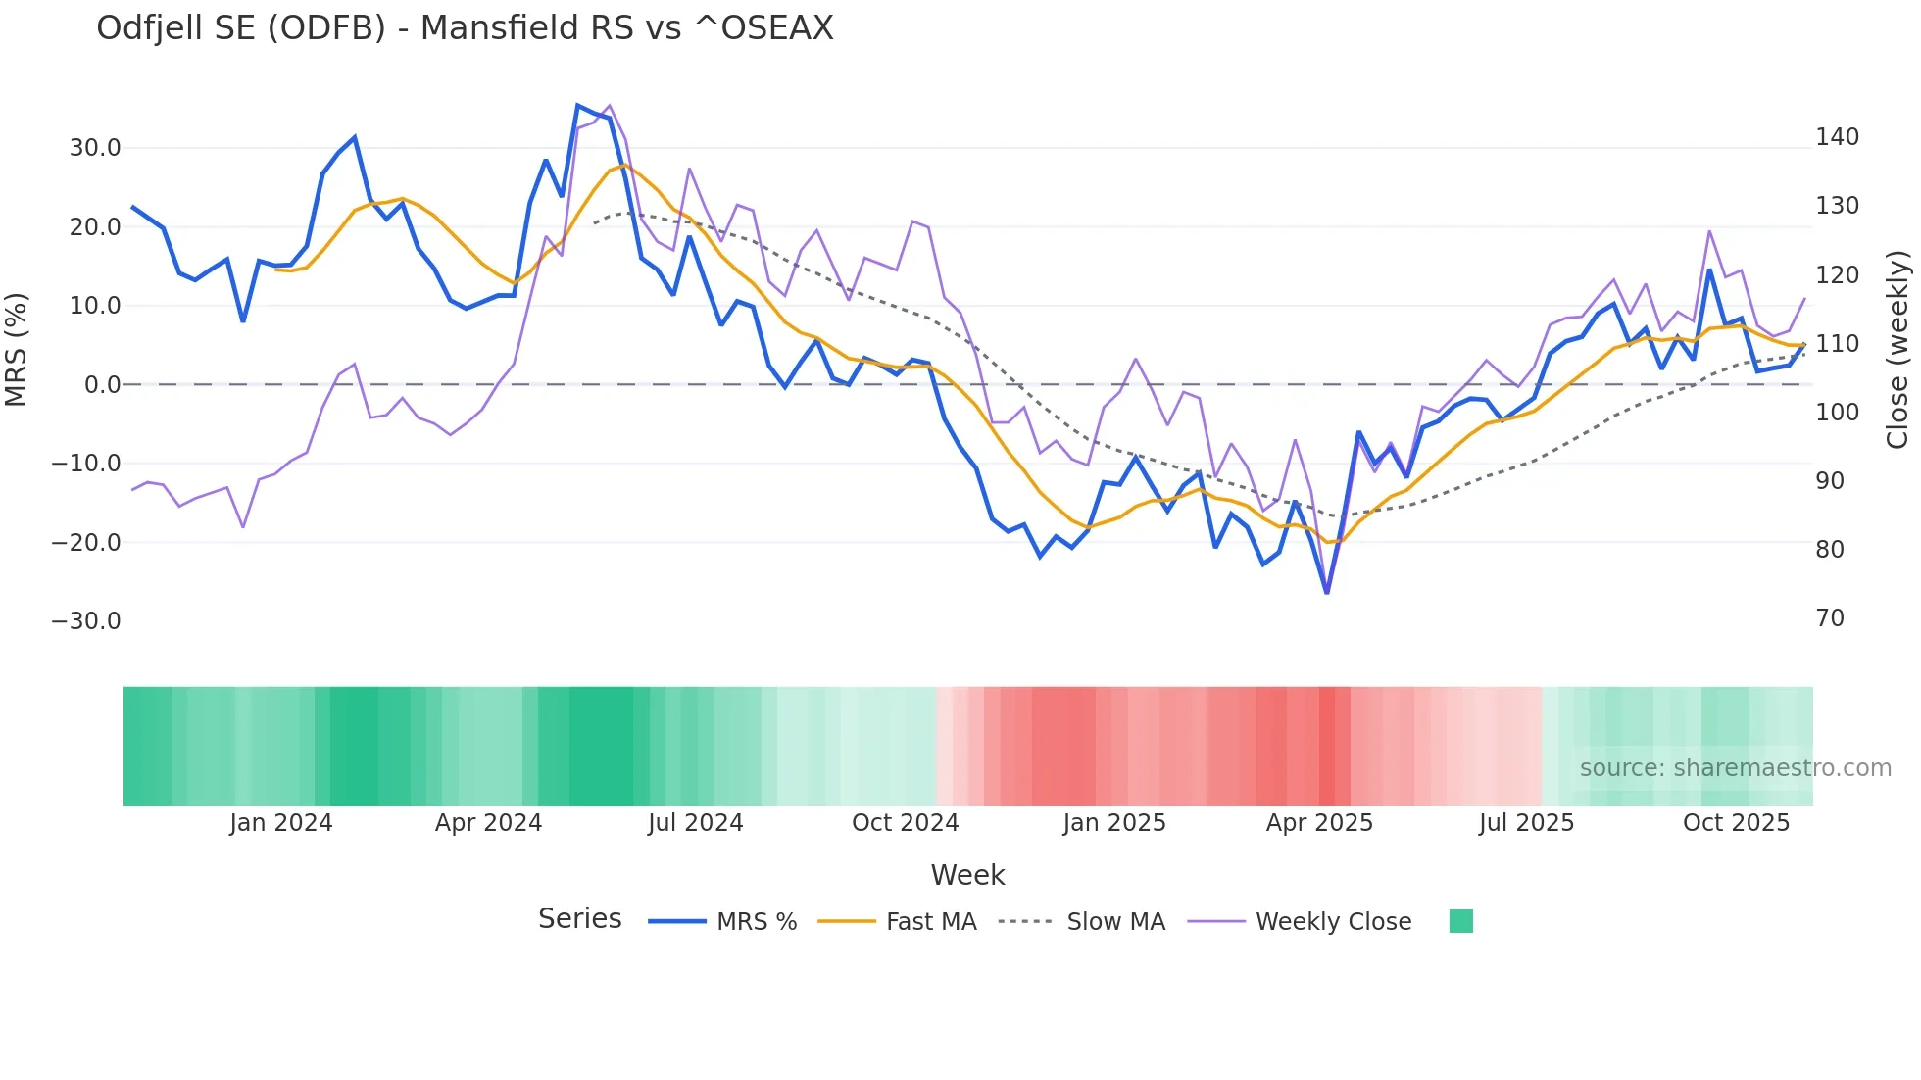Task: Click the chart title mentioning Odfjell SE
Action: [x=465, y=28]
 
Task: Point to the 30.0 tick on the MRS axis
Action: [x=95, y=148]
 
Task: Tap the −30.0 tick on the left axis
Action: [x=86, y=621]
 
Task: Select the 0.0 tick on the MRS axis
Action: [x=102, y=385]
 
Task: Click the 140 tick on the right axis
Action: [x=1837, y=137]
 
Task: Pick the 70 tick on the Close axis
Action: [x=1830, y=618]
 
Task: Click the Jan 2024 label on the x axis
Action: [x=281, y=823]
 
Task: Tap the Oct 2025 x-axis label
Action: [x=1736, y=823]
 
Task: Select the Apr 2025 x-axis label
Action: [x=1319, y=823]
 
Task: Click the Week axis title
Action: [x=967, y=875]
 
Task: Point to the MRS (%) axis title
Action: [x=17, y=349]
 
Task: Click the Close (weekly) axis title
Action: [x=1898, y=349]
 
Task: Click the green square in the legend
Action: [x=1460, y=921]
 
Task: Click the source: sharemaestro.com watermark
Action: [x=1735, y=768]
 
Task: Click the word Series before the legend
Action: [x=579, y=919]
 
